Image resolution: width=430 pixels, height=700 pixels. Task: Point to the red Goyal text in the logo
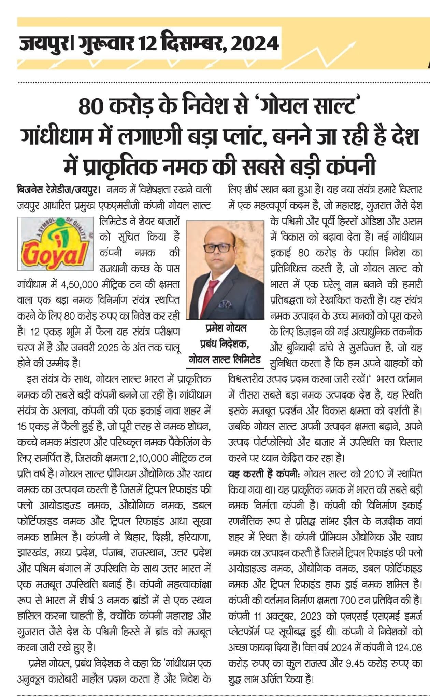55,254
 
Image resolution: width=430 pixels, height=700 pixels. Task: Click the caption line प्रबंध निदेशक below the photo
225,344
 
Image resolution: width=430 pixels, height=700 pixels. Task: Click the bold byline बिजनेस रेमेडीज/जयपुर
58,189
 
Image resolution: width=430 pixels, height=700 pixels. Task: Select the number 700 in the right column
350,600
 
